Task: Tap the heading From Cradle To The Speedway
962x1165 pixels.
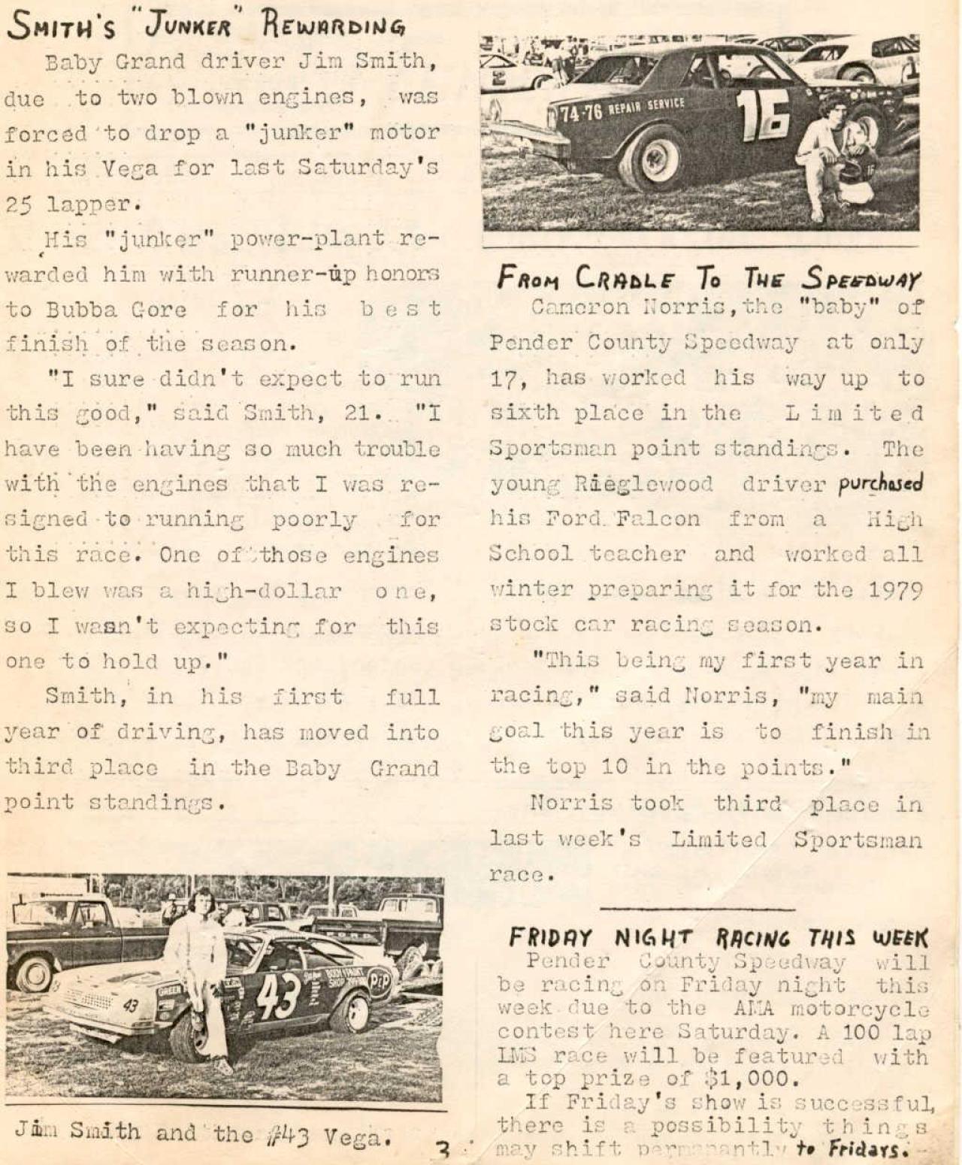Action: coord(708,278)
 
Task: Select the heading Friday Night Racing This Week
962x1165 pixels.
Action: coord(718,937)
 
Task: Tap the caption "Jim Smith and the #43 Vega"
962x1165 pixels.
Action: coord(203,1133)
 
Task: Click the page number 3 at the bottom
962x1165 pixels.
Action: coord(445,1150)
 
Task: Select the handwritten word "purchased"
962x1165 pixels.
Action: coord(880,483)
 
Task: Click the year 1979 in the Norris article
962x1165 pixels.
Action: coord(895,590)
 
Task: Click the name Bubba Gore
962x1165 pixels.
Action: coord(116,310)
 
